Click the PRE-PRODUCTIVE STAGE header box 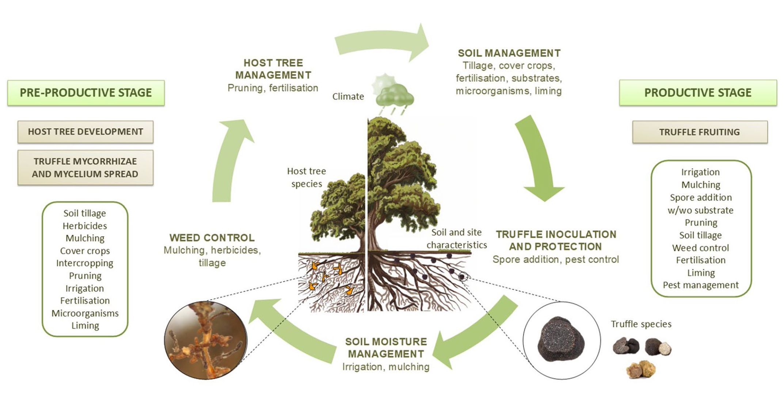86,93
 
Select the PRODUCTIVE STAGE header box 698,93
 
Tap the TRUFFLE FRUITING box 700,132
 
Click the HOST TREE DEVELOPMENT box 85,132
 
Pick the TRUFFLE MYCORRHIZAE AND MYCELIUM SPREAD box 85,168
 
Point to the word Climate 348,96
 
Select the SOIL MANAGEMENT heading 509,53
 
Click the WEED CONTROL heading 212,238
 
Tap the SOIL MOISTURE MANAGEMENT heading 386,348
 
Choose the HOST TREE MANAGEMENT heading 273,69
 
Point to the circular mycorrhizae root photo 206,340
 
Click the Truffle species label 641,324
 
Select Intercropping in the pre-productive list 85,263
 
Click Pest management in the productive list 701,285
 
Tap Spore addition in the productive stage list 701,198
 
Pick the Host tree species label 307,178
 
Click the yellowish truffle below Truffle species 641,370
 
